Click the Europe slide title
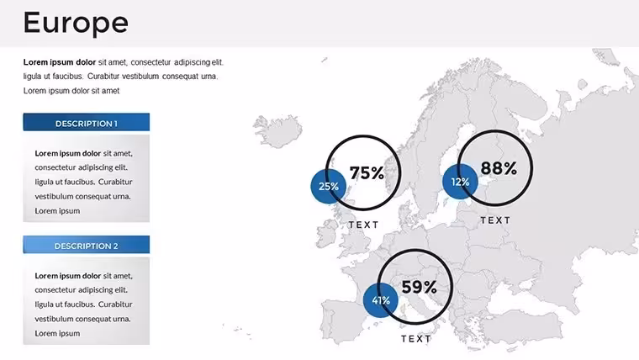(x=76, y=23)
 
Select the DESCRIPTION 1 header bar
(x=87, y=122)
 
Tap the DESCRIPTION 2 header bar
(x=87, y=245)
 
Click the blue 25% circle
(x=328, y=187)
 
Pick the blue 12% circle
(x=460, y=182)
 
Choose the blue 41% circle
(x=381, y=300)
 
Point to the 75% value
(x=367, y=173)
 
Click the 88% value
(x=499, y=168)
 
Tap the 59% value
(x=420, y=287)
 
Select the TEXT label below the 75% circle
(x=363, y=225)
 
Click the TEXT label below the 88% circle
(x=495, y=220)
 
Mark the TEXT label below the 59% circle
(x=415, y=339)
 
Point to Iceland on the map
(x=278, y=130)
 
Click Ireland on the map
(x=327, y=236)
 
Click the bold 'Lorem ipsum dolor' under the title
(x=60, y=62)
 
